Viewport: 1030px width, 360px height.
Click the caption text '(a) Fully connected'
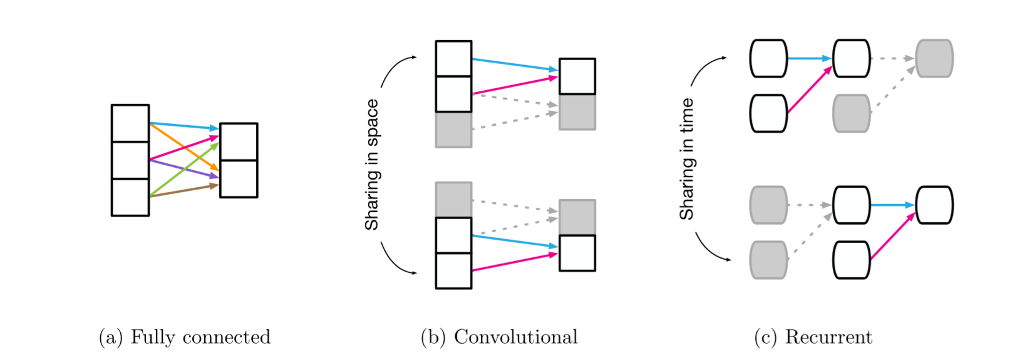click(185, 337)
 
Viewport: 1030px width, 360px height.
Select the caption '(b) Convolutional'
click(499, 337)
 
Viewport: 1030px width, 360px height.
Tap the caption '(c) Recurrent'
click(813, 337)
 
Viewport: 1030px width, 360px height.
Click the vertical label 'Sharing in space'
click(372, 165)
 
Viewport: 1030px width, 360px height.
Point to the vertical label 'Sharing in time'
click(687, 159)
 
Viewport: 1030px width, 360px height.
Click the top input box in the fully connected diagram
click(130, 123)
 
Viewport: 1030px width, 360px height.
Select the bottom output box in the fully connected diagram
click(239, 179)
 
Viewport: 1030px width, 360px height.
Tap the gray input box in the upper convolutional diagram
click(453, 130)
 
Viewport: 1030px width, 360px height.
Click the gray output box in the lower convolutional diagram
click(577, 217)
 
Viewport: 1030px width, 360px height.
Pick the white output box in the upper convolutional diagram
click(577, 76)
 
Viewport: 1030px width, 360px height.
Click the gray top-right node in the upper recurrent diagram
click(934, 58)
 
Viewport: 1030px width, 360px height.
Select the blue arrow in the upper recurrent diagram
click(809, 58)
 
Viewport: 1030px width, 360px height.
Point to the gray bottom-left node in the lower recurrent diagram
click(768, 260)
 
